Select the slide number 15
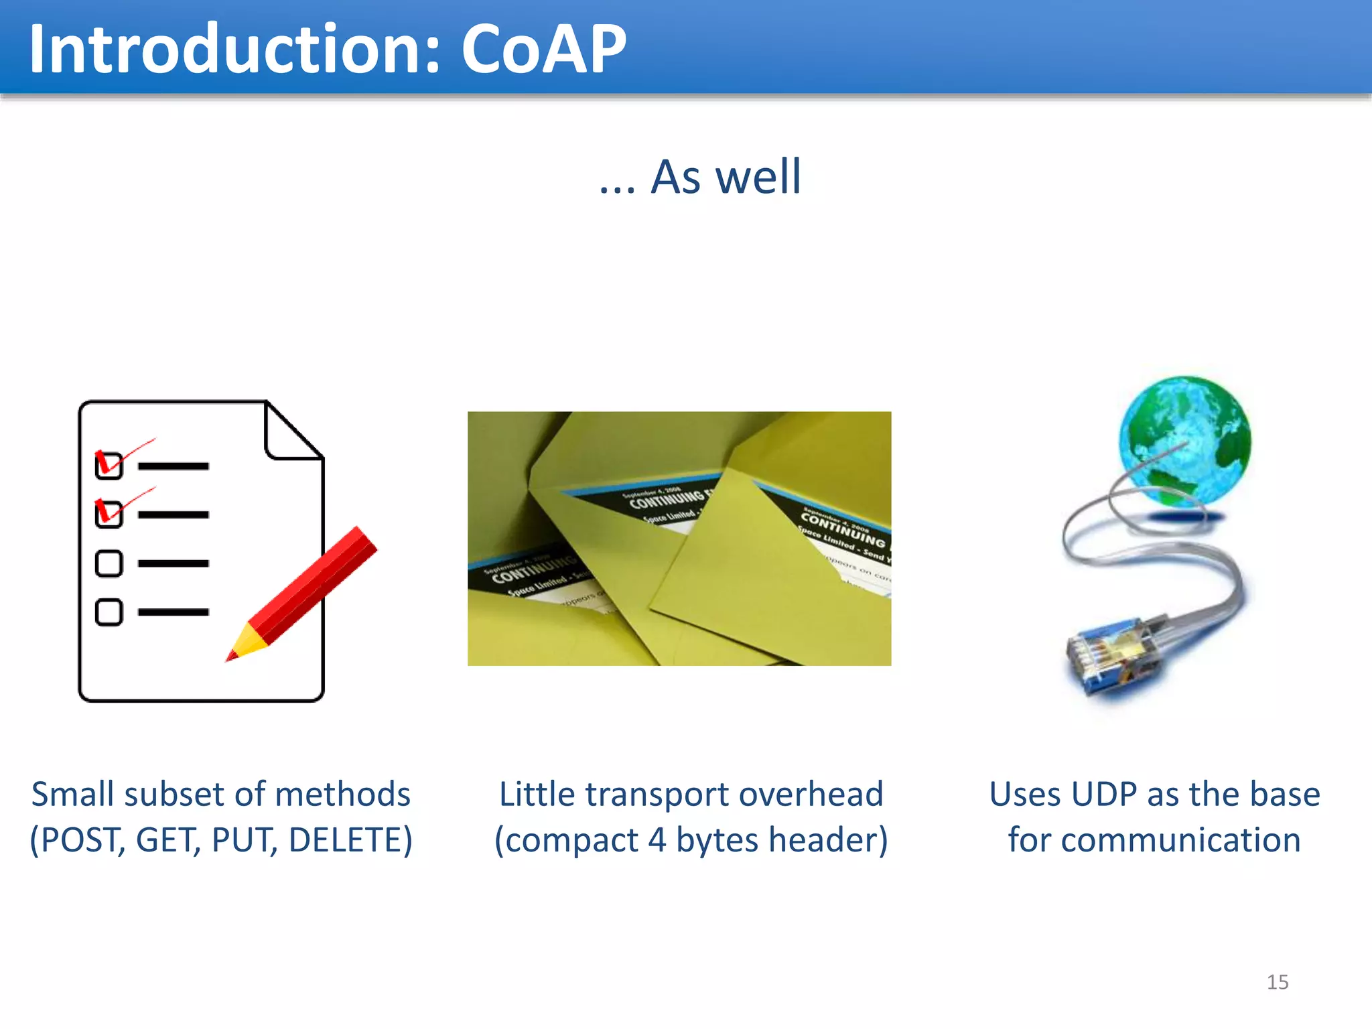tap(1277, 982)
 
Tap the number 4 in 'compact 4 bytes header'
tap(657, 840)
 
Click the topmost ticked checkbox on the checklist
tap(109, 465)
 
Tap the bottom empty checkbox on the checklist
tap(109, 612)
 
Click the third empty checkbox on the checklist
tap(109, 563)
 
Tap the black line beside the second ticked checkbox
tap(174, 514)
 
